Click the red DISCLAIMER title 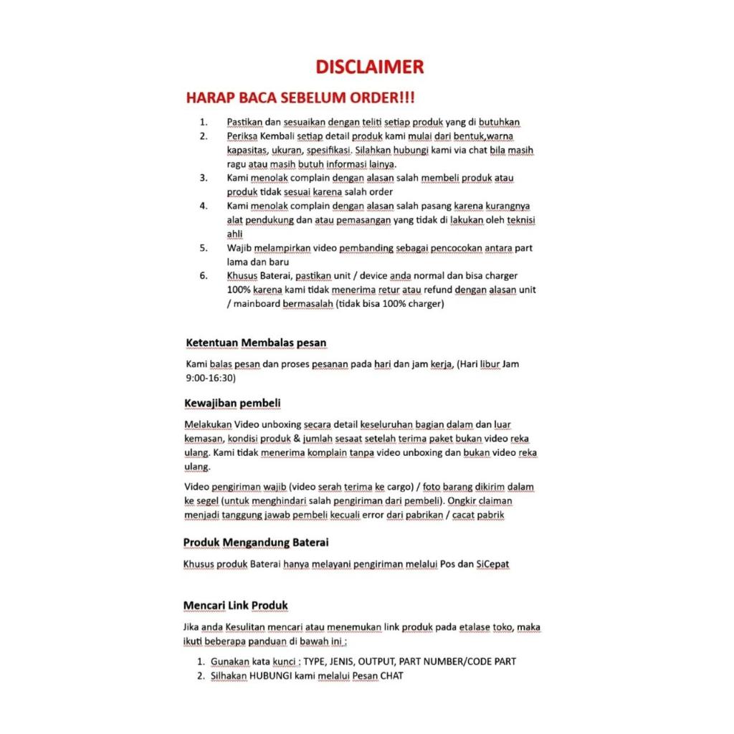[370, 67]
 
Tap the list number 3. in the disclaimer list [204, 178]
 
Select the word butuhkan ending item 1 [499, 123]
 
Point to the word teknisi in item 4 [521, 220]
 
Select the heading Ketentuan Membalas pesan [256, 343]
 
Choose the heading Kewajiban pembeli [232, 404]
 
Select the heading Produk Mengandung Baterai [256, 542]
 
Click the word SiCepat [492, 564]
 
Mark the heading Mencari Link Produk [235, 606]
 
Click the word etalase [475, 627]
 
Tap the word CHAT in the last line [391, 676]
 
